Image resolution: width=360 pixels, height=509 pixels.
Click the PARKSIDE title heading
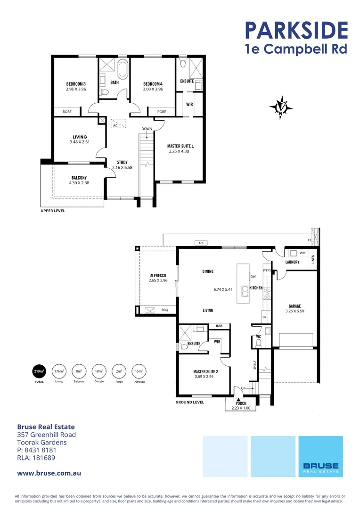coord(296,29)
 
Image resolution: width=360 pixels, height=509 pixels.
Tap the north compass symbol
coord(281,107)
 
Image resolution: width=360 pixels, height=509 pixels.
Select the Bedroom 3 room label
coord(75,84)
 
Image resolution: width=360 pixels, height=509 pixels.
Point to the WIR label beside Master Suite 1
coord(189,104)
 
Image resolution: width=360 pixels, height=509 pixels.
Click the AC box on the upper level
coord(118,124)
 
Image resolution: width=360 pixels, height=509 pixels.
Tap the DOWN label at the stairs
coord(146,129)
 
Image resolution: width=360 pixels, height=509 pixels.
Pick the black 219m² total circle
coord(39,371)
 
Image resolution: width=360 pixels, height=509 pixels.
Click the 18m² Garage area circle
coord(98,371)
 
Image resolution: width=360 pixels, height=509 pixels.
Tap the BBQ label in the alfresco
coord(164,310)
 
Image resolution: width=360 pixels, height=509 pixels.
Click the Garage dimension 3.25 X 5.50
coord(295,312)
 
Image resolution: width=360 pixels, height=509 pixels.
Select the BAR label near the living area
coord(219,326)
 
